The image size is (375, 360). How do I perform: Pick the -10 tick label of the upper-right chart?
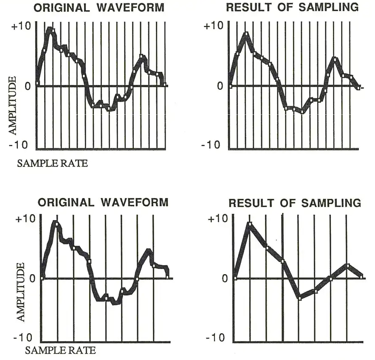[x=211, y=145]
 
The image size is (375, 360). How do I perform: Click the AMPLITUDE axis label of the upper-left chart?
[x=13, y=106]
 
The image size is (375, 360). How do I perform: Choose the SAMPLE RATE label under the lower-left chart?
[x=60, y=351]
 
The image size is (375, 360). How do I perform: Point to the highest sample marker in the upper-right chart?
[x=245, y=34]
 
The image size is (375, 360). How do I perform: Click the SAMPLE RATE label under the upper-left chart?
[x=53, y=163]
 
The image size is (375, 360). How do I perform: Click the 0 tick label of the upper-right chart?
[x=219, y=86]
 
